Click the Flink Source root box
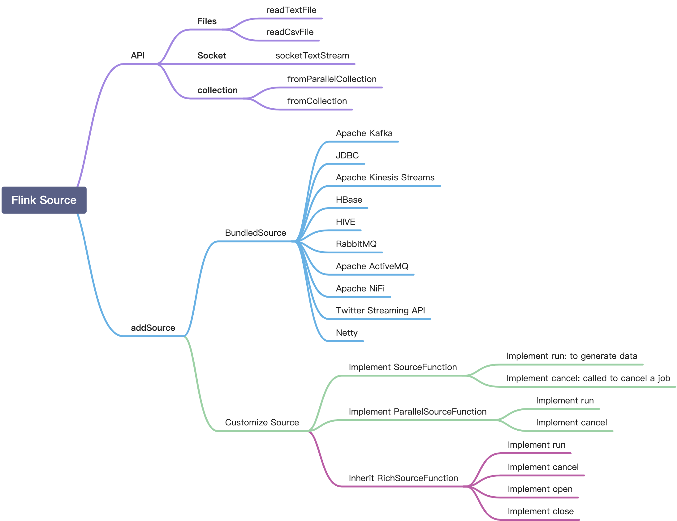[x=44, y=200]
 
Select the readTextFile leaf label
[x=291, y=10]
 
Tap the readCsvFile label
[x=290, y=32]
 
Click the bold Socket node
[x=211, y=56]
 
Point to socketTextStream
[x=312, y=56]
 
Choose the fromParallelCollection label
[x=332, y=79]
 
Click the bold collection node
[x=217, y=91]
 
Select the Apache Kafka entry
[x=364, y=133]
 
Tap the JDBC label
[x=347, y=156]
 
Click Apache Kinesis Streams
[x=385, y=178]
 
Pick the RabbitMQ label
[x=356, y=244]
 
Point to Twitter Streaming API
[x=380, y=311]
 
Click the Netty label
[x=347, y=333]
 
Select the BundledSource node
[x=256, y=233]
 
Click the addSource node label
[x=153, y=328]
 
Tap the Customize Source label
[x=262, y=423]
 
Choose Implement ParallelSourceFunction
[x=417, y=412]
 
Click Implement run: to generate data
[x=571, y=356]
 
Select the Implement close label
[x=540, y=511]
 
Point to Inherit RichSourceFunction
[x=403, y=478]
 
